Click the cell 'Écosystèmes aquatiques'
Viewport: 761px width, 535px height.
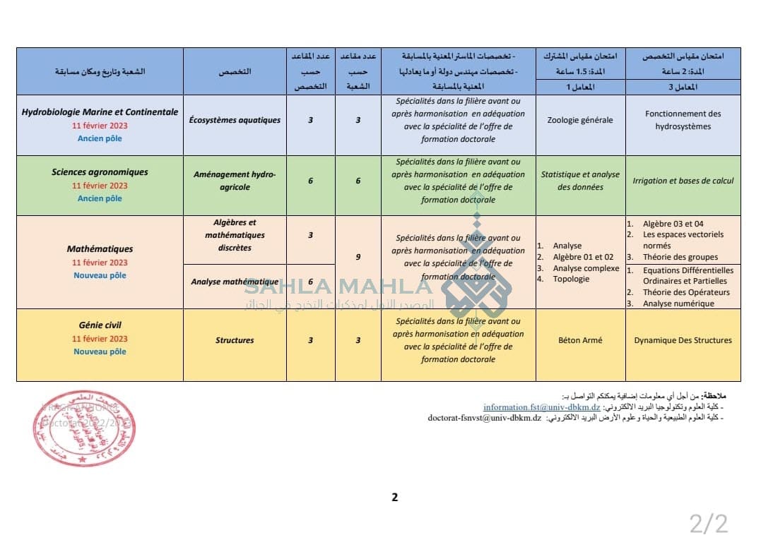(x=235, y=120)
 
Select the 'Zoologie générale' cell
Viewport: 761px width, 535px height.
(x=580, y=120)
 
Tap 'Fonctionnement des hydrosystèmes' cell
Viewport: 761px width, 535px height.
(x=683, y=120)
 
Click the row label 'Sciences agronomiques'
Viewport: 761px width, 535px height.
(x=100, y=172)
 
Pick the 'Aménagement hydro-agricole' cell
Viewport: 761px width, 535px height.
(x=235, y=181)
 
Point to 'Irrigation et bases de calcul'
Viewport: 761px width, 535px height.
(x=683, y=181)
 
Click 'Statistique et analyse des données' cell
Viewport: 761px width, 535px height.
(x=580, y=181)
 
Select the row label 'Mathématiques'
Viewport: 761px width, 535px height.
(x=100, y=249)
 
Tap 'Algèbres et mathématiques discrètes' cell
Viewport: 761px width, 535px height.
(x=235, y=235)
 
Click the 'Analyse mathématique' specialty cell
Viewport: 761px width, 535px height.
(x=235, y=282)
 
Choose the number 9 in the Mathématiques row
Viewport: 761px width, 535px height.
(x=358, y=257)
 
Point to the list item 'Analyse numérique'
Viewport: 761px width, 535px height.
(x=678, y=303)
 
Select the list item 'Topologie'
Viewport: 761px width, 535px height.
(x=570, y=279)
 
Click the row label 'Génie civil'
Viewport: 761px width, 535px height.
(x=100, y=325)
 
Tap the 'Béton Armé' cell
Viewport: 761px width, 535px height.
(x=580, y=340)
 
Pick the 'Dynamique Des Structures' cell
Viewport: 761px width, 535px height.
(x=683, y=340)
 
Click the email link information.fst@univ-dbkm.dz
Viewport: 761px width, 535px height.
(x=541, y=407)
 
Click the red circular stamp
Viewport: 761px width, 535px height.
(x=74, y=428)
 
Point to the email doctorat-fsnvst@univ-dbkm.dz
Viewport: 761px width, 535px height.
(x=484, y=418)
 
